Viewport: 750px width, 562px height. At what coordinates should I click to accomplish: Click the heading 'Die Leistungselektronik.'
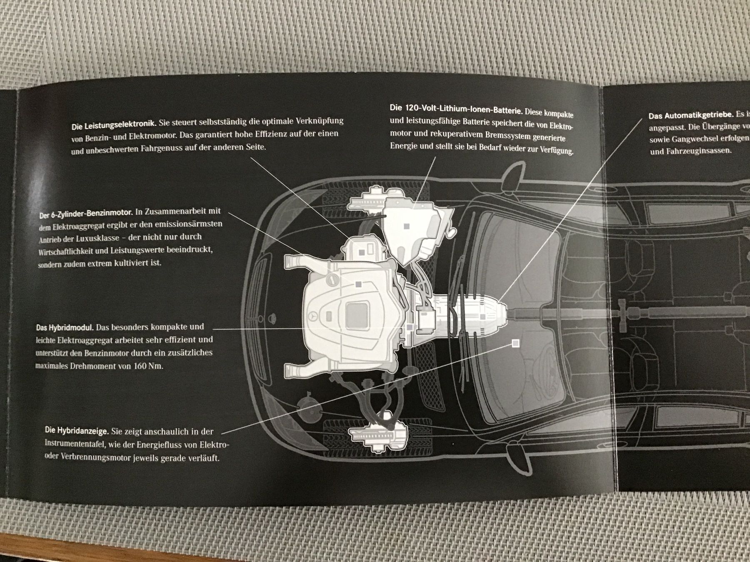(114, 124)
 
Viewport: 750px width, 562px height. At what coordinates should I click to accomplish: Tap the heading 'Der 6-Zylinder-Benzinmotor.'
(86, 214)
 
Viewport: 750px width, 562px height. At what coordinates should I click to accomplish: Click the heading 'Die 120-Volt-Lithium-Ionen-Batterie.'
(456, 109)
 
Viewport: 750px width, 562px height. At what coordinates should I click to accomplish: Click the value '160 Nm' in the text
(148, 366)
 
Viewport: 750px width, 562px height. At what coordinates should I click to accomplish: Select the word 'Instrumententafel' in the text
(74, 444)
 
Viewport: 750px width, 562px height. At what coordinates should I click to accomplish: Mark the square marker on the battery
(407, 226)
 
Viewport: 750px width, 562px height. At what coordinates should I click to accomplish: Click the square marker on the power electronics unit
(362, 253)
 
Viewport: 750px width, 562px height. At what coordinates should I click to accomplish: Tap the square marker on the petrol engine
(358, 284)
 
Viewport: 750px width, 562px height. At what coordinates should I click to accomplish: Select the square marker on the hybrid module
(410, 328)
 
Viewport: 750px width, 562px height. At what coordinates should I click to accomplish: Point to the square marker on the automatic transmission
(482, 317)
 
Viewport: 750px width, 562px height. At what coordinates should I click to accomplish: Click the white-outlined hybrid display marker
(515, 343)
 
